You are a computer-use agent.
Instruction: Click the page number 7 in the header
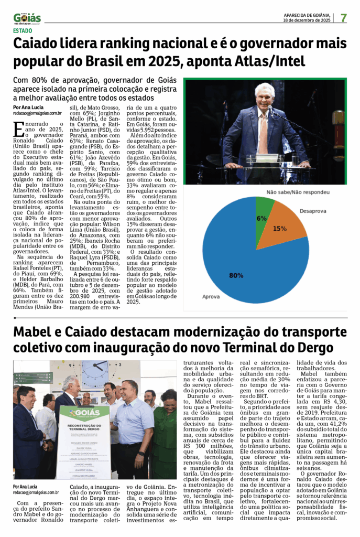pos(344,17)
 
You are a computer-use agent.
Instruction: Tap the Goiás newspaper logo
pos(27,18)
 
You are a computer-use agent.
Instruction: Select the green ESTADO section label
pos(23,30)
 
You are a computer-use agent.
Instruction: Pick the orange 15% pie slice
pos(278,225)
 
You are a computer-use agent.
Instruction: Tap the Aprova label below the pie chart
pos(211,297)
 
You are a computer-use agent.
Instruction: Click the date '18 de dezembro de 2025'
pos(307,20)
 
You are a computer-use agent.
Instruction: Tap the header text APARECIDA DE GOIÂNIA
pos(307,15)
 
